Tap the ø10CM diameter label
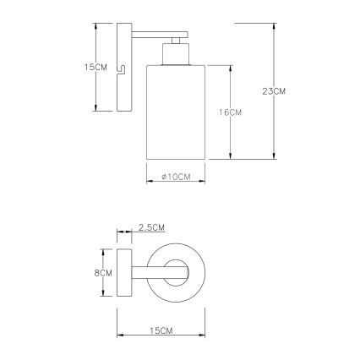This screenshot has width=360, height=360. [172, 176]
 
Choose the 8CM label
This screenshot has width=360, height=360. [104, 273]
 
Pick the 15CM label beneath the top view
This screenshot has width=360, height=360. [162, 328]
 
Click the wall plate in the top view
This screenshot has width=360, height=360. [123, 272]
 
